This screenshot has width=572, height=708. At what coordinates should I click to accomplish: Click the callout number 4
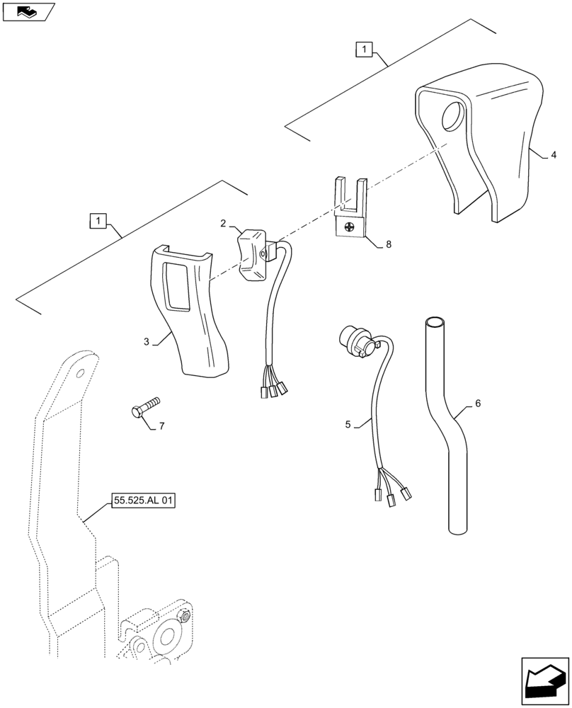click(x=554, y=154)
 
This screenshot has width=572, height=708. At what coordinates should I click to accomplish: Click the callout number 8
click(x=387, y=244)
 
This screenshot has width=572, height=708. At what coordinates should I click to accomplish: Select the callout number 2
click(x=223, y=223)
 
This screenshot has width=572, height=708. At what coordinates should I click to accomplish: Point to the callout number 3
click(x=147, y=342)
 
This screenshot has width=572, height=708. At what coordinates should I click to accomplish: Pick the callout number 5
click(x=348, y=424)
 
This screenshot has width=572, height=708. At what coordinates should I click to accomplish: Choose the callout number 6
click(x=477, y=403)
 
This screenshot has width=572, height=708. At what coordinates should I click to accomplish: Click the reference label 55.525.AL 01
click(x=142, y=501)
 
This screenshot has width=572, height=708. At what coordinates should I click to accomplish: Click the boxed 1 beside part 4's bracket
click(x=362, y=50)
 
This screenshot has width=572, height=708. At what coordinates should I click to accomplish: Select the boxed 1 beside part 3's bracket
click(x=97, y=221)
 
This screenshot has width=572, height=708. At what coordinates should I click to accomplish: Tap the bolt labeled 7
click(x=144, y=407)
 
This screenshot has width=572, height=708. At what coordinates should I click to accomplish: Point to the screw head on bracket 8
click(x=348, y=228)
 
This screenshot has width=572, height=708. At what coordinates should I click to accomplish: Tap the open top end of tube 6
click(x=435, y=324)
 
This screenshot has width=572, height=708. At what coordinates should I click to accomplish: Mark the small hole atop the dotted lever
click(x=81, y=372)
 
